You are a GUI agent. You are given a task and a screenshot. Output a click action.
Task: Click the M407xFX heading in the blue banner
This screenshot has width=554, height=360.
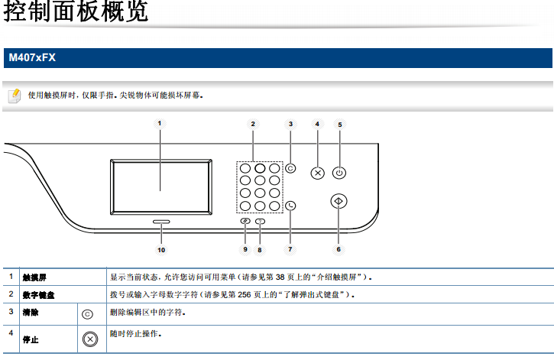pos(32,57)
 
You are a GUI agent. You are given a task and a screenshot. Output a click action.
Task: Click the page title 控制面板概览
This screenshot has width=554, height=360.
pos(75,13)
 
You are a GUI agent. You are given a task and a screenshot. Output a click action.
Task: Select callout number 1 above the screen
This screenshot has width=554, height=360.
pos(160,123)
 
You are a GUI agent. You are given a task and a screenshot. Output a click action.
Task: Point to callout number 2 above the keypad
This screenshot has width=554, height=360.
pos(253,123)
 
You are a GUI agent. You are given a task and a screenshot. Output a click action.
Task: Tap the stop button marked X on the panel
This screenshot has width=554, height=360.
pos(318,173)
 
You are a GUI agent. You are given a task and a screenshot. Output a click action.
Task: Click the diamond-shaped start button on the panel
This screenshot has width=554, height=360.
pos(339,201)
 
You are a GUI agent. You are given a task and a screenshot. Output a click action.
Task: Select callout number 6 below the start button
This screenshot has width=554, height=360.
pos(339,249)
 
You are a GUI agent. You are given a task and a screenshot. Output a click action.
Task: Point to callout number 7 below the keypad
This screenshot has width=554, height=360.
pos(290,249)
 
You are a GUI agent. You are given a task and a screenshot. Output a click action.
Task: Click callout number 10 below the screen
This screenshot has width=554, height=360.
pos(160,249)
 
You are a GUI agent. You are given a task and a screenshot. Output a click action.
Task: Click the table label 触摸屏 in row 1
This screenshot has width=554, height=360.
pos(35,276)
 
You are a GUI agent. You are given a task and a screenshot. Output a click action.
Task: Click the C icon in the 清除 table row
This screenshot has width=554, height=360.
pos(87,313)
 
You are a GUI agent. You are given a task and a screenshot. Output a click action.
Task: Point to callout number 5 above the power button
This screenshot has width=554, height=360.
pos(340,123)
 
